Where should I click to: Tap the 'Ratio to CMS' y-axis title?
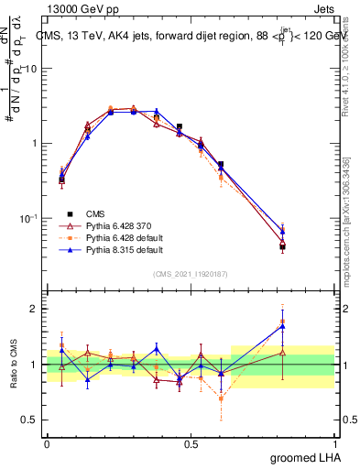click(x=15, y=365)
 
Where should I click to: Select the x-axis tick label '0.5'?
click(x=191, y=443)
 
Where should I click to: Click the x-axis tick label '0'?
click(x=47, y=443)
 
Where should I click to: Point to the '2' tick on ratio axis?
click(x=36, y=309)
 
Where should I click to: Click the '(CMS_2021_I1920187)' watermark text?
click(x=191, y=273)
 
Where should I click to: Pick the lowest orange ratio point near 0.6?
click(x=221, y=398)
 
